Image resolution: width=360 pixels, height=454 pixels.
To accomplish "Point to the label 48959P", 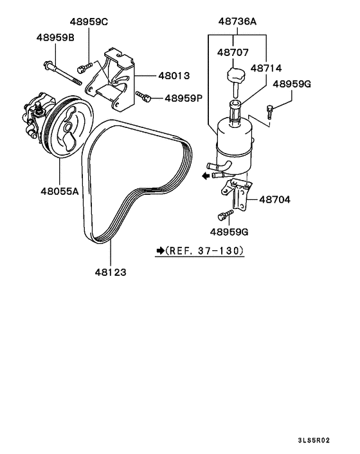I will pyautogui.click(x=183, y=98).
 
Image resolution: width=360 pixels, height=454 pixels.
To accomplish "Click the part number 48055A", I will pyautogui.click(x=59, y=190).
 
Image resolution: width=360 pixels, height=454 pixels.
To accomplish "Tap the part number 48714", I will pyautogui.click(x=266, y=68).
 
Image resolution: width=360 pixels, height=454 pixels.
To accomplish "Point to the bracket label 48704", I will pyautogui.click(x=274, y=200).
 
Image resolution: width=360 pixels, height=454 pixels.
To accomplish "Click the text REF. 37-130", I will pyautogui.click(x=205, y=250).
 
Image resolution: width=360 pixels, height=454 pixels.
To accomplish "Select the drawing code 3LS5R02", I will pyautogui.click(x=313, y=440).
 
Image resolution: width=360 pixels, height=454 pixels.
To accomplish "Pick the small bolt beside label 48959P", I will pyautogui.click(x=145, y=98).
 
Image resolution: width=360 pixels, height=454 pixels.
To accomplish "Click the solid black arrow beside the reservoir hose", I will pyautogui.click(x=204, y=174).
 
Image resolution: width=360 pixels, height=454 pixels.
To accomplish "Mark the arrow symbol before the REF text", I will pyautogui.click(x=159, y=250).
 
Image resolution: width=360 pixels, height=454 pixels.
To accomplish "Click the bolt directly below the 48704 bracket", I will pyautogui.click(x=225, y=215).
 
